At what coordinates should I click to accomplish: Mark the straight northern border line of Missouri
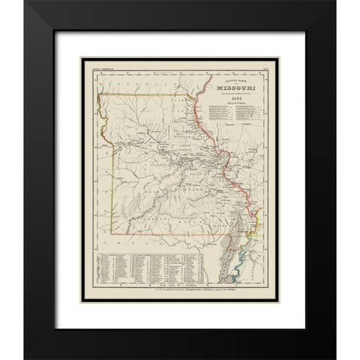pyautogui.click(x=150, y=97)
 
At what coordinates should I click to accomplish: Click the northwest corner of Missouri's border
pyautogui.click(x=100, y=98)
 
